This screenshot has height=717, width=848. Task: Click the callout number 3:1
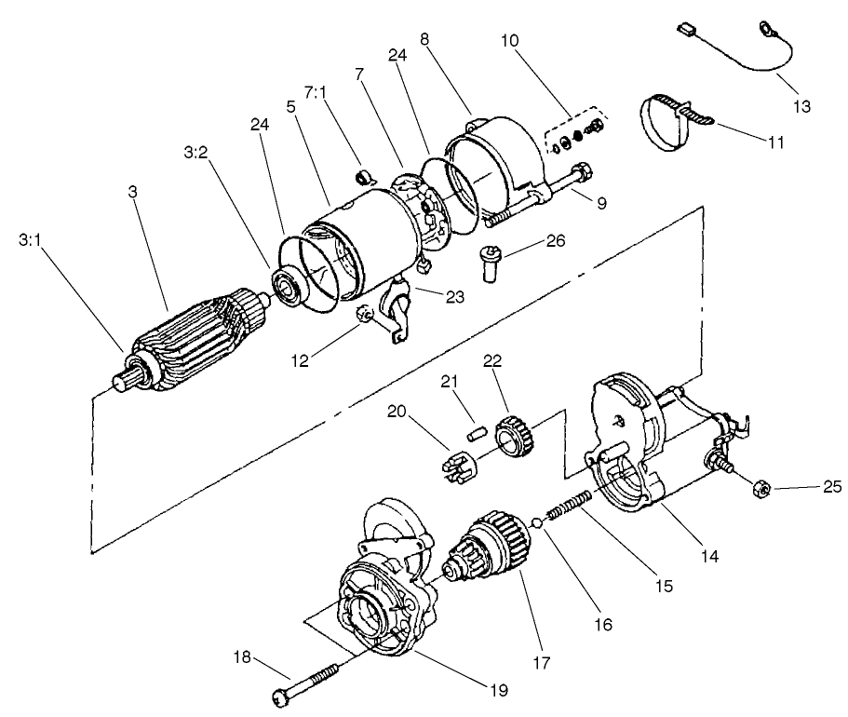[x=31, y=240]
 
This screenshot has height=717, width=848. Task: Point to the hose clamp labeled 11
[x=670, y=121]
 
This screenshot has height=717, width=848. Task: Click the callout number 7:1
[x=318, y=96]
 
